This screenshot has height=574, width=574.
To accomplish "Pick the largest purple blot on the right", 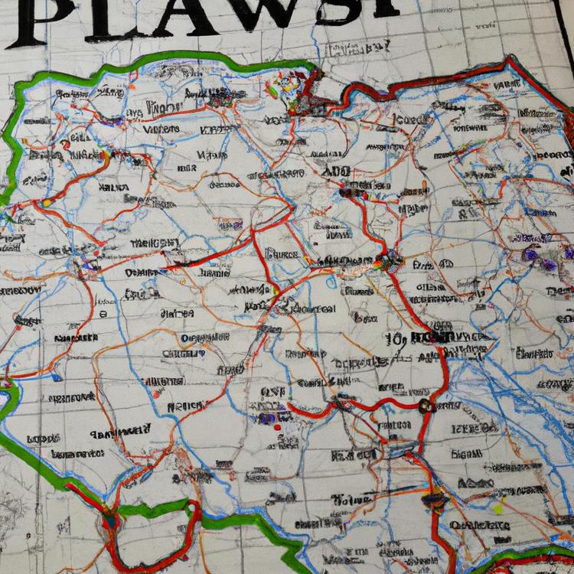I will click(x=549, y=265).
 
